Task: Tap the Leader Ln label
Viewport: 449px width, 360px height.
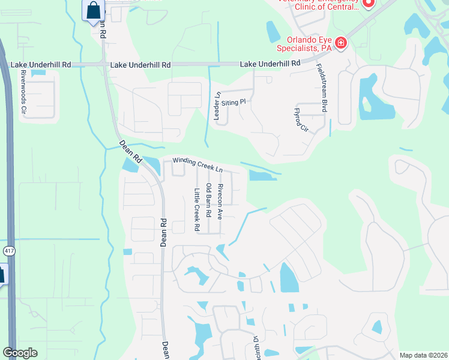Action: coord(217,106)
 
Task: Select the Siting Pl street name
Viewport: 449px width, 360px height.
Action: coord(234,103)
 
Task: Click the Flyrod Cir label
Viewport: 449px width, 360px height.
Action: coord(300,122)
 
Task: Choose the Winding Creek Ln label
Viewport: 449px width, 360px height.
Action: coord(198,162)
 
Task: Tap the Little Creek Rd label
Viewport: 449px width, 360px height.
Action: coord(196,211)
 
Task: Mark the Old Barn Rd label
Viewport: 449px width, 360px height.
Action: coord(208,200)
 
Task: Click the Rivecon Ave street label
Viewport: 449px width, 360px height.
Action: coord(220,201)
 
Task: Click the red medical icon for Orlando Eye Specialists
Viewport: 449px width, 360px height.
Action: coord(341,43)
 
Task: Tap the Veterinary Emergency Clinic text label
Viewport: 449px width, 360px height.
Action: coord(318,5)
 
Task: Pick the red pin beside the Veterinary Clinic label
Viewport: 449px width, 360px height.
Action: coord(369,3)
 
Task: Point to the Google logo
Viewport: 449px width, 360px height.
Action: coord(20,353)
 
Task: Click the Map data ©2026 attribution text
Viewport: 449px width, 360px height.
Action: coord(423,355)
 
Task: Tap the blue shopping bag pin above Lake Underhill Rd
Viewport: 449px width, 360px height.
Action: coord(94,10)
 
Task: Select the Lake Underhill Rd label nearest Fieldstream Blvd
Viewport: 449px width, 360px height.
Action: coord(270,63)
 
